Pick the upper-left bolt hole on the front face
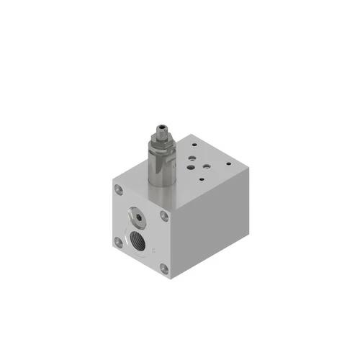[118, 190]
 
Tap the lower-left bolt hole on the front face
[119, 242]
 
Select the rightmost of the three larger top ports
[207, 165]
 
